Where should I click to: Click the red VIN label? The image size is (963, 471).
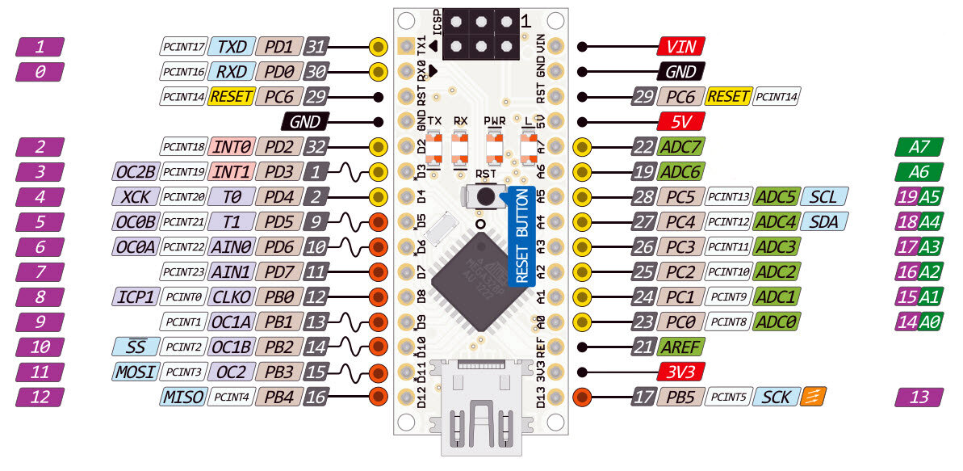point(681,47)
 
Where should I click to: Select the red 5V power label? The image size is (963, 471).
point(681,122)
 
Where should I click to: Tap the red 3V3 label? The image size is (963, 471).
point(681,372)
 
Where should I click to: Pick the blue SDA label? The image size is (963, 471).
point(823,221)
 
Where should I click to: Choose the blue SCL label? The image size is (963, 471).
point(823,196)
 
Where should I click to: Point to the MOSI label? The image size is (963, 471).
point(134,372)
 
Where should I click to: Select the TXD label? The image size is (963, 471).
point(232,47)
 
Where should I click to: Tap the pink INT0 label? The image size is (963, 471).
point(232,147)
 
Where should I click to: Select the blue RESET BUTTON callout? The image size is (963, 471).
point(521,235)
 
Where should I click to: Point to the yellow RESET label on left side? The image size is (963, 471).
point(232,97)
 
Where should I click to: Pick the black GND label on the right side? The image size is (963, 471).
point(681,72)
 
